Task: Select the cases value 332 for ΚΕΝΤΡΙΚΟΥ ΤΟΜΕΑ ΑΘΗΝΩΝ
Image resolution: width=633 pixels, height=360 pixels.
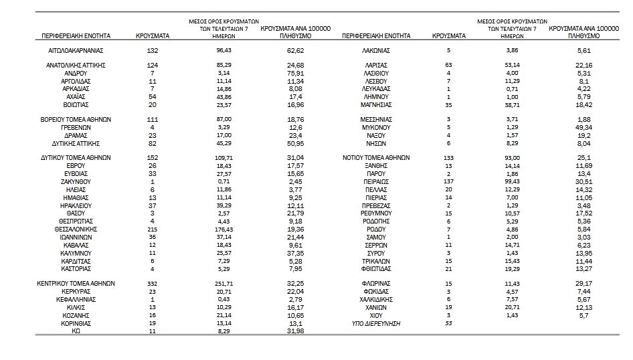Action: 152,284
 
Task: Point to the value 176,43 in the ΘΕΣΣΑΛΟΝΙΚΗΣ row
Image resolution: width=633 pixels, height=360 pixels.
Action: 224,229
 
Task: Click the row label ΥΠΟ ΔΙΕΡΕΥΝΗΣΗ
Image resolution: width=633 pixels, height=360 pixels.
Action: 376,323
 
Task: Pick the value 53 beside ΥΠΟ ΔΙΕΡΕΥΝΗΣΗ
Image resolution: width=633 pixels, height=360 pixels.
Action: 448,323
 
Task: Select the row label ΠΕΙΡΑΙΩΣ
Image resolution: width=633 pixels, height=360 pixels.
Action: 376,181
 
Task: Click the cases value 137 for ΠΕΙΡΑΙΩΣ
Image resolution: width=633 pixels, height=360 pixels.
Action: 448,181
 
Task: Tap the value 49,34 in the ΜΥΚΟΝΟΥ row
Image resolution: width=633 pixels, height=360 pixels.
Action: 584,128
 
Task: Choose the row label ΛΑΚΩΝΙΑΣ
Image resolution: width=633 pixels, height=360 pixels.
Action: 376,50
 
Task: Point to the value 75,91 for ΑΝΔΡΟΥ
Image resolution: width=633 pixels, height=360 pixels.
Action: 295,73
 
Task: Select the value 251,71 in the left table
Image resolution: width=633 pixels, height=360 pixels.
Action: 224,284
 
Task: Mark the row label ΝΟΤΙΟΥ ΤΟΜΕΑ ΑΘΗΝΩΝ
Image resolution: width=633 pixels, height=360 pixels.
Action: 376,159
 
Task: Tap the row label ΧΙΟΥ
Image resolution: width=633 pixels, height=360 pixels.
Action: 376,314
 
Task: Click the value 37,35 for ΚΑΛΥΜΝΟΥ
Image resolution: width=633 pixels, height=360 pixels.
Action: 295,252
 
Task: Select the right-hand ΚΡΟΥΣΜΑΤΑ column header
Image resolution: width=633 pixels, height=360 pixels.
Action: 448,35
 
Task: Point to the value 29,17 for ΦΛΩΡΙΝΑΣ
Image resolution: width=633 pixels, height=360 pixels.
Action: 584,284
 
